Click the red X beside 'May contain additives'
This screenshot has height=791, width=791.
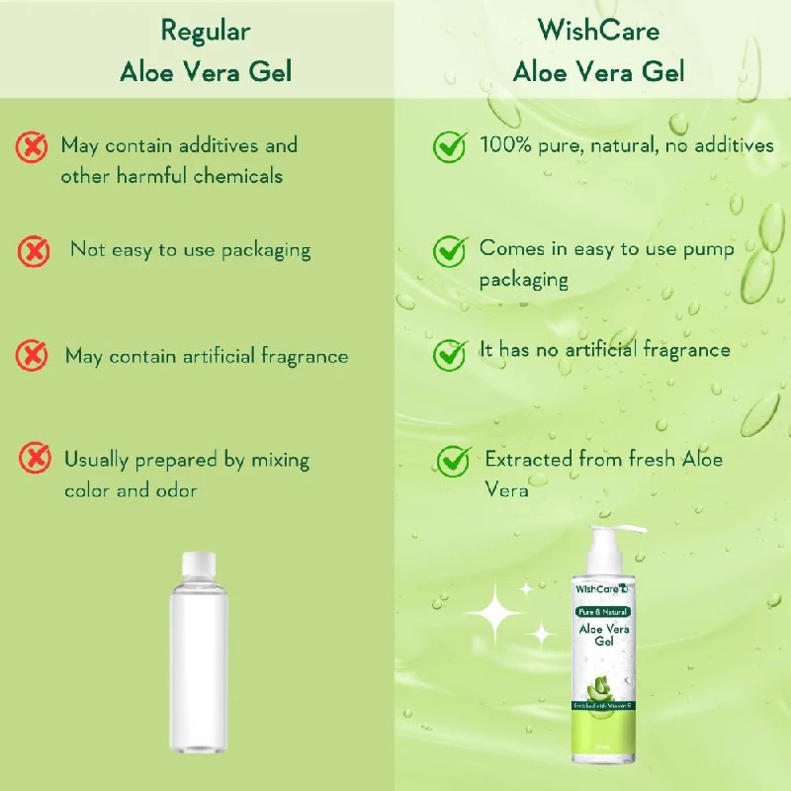coord(33,147)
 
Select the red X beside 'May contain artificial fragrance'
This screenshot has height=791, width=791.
coord(33,355)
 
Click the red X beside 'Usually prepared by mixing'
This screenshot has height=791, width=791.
coord(37,458)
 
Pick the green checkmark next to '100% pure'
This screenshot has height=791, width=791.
coord(451,146)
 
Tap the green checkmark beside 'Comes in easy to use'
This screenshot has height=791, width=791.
coord(451,250)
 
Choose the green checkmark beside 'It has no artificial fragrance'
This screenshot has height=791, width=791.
coord(451,353)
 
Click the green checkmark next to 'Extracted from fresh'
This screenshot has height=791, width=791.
coord(454,459)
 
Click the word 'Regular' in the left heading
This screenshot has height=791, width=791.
coord(205,31)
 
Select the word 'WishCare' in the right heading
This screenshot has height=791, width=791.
coord(598,31)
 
